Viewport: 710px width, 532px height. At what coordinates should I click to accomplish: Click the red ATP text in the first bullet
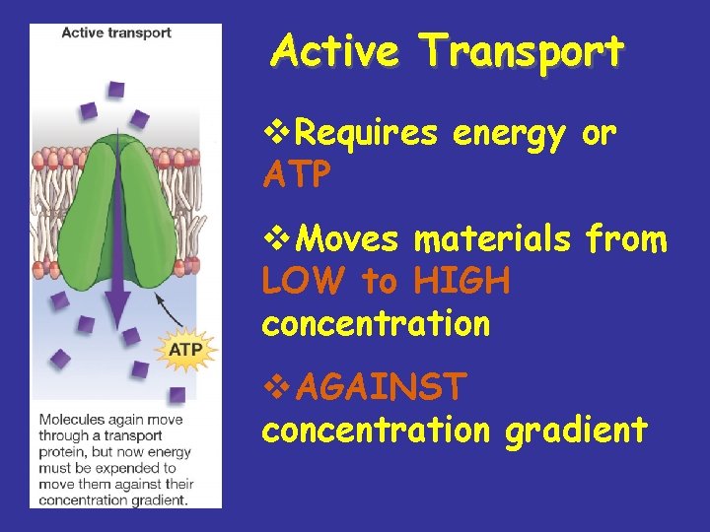pyautogui.click(x=297, y=174)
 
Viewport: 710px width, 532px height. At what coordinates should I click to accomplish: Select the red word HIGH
pyautogui.click(x=461, y=282)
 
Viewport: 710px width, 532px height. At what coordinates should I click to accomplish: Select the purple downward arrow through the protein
pyautogui.click(x=116, y=256)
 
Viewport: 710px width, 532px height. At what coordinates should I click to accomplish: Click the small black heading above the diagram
pyautogui.click(x=115, y=33)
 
